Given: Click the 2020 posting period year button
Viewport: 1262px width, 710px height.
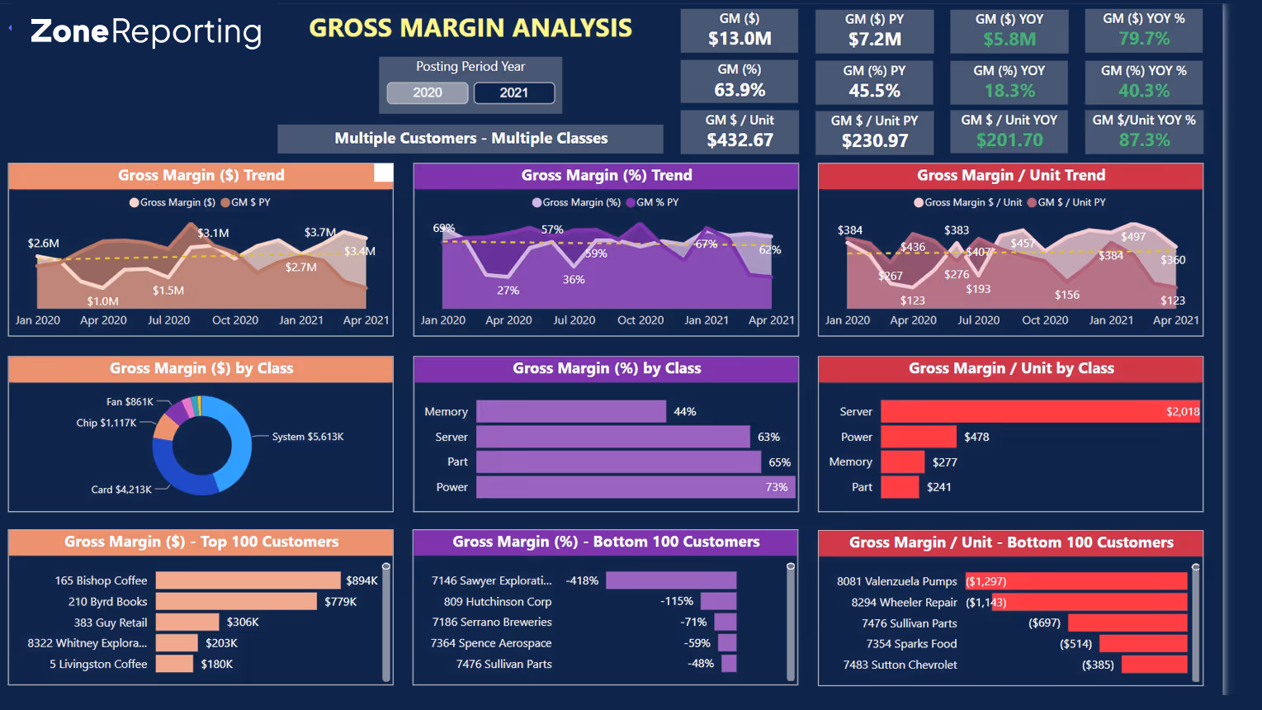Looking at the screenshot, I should [x=428, y=92].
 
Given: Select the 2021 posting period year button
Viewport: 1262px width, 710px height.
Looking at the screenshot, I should [x=513, y=92].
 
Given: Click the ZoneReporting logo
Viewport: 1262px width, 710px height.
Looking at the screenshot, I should [x=146, y=31].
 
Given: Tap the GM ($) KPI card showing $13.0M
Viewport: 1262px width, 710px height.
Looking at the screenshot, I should [x=740, y=31].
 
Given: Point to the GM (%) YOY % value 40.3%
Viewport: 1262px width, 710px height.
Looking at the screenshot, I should [x=1143, y=91].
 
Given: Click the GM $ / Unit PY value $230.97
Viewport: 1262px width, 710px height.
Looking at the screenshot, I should [x=874, y=141].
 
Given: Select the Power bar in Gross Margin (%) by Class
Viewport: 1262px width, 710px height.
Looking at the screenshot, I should [x=636, y=487].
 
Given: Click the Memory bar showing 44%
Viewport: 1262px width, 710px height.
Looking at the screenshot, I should [x=571, y=411].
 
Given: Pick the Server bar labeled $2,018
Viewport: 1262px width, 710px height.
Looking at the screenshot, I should [x=1040, y=411].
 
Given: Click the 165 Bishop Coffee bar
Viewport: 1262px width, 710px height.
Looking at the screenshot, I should [x=248, y=580].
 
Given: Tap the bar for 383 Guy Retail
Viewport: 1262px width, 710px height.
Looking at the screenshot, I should [x=187, y=622].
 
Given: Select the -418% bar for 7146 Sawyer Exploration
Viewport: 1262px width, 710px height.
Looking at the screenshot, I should [x=670, y=580].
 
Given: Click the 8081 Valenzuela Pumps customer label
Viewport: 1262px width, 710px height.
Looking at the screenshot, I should [x=896, y=581].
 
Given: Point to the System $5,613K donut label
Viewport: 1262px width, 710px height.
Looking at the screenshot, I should [x=308, y=437].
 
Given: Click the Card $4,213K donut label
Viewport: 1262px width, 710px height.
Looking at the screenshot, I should [x=121, y=490].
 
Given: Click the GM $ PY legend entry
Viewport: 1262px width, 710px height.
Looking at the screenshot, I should [x=250, y=202].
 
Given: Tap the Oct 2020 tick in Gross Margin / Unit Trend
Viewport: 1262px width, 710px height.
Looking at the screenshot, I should [x=1045, y=320].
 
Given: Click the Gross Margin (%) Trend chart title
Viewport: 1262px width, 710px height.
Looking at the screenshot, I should [x=606, y=175].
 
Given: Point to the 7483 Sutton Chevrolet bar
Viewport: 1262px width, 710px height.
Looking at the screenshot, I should [x=1154, y=665].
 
